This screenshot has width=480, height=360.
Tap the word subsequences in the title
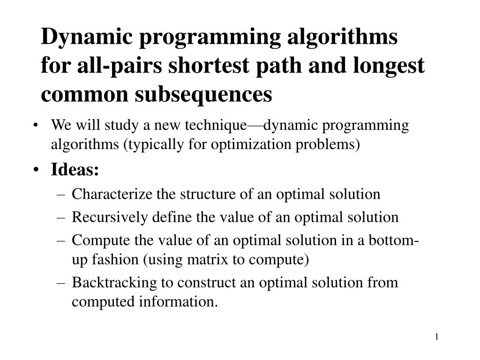(x=203, y=94)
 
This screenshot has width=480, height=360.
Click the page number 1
(x=437, y=337)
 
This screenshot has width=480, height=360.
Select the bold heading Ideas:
(x=75, y=170)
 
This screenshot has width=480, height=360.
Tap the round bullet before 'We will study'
(x=37, y=126)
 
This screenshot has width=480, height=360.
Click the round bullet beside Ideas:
(x=37, y=171)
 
